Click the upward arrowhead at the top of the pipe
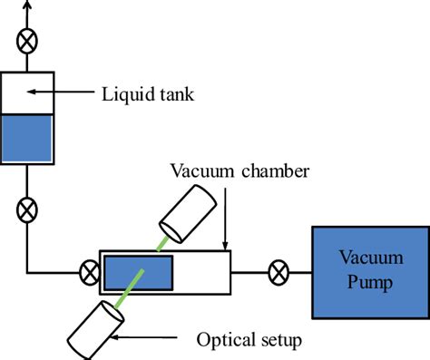(x=27, y=5)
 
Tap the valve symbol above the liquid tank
(x=27, y=41)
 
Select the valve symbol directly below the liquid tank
(x=27, y=210)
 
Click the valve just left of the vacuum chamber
(x=89, y=270)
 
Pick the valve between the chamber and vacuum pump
(x=279, y=270)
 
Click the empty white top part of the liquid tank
(x=27, y=92)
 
